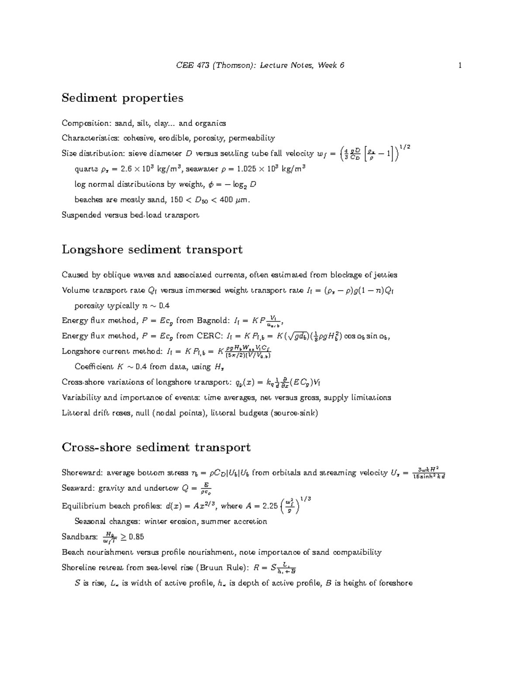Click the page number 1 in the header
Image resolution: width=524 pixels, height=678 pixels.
point(460,65)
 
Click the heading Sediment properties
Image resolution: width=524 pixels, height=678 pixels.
point(122,98)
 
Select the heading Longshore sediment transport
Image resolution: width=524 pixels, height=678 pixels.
point(152,250)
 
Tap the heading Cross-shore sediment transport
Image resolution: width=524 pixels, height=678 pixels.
point(156,447)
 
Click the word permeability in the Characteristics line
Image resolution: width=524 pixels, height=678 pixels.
point(252,138)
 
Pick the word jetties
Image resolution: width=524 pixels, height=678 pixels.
point(385,275)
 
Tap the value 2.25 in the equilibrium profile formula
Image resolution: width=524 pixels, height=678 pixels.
point(268,506)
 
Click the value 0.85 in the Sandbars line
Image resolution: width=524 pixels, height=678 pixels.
point(135,537)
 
